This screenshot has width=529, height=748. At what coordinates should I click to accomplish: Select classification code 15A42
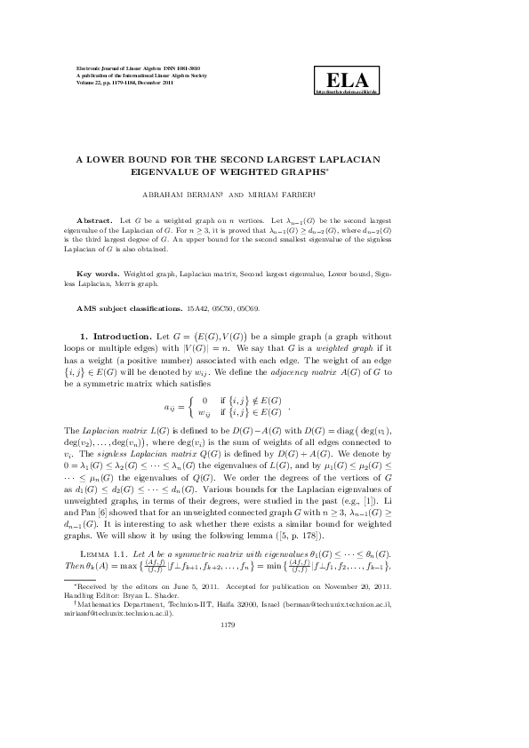[197, 307]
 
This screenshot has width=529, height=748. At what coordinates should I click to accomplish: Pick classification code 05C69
[249, 307]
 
